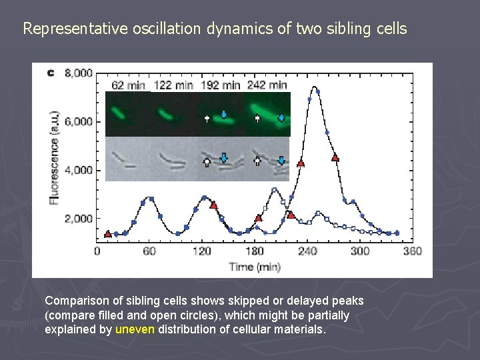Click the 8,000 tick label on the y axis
(79, 73)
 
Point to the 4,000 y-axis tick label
(79, 170)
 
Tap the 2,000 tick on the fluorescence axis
(79, 219)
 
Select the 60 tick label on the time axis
(149, 251)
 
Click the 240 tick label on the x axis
(307, 251)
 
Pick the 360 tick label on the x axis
(412, 251)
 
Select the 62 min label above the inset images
(128, 85)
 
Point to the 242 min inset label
(267, 85)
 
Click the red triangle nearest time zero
(108, 234)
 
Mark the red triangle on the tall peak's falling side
(335, 158)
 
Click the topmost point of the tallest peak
(313, 87)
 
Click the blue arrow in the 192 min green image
(224, 114)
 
